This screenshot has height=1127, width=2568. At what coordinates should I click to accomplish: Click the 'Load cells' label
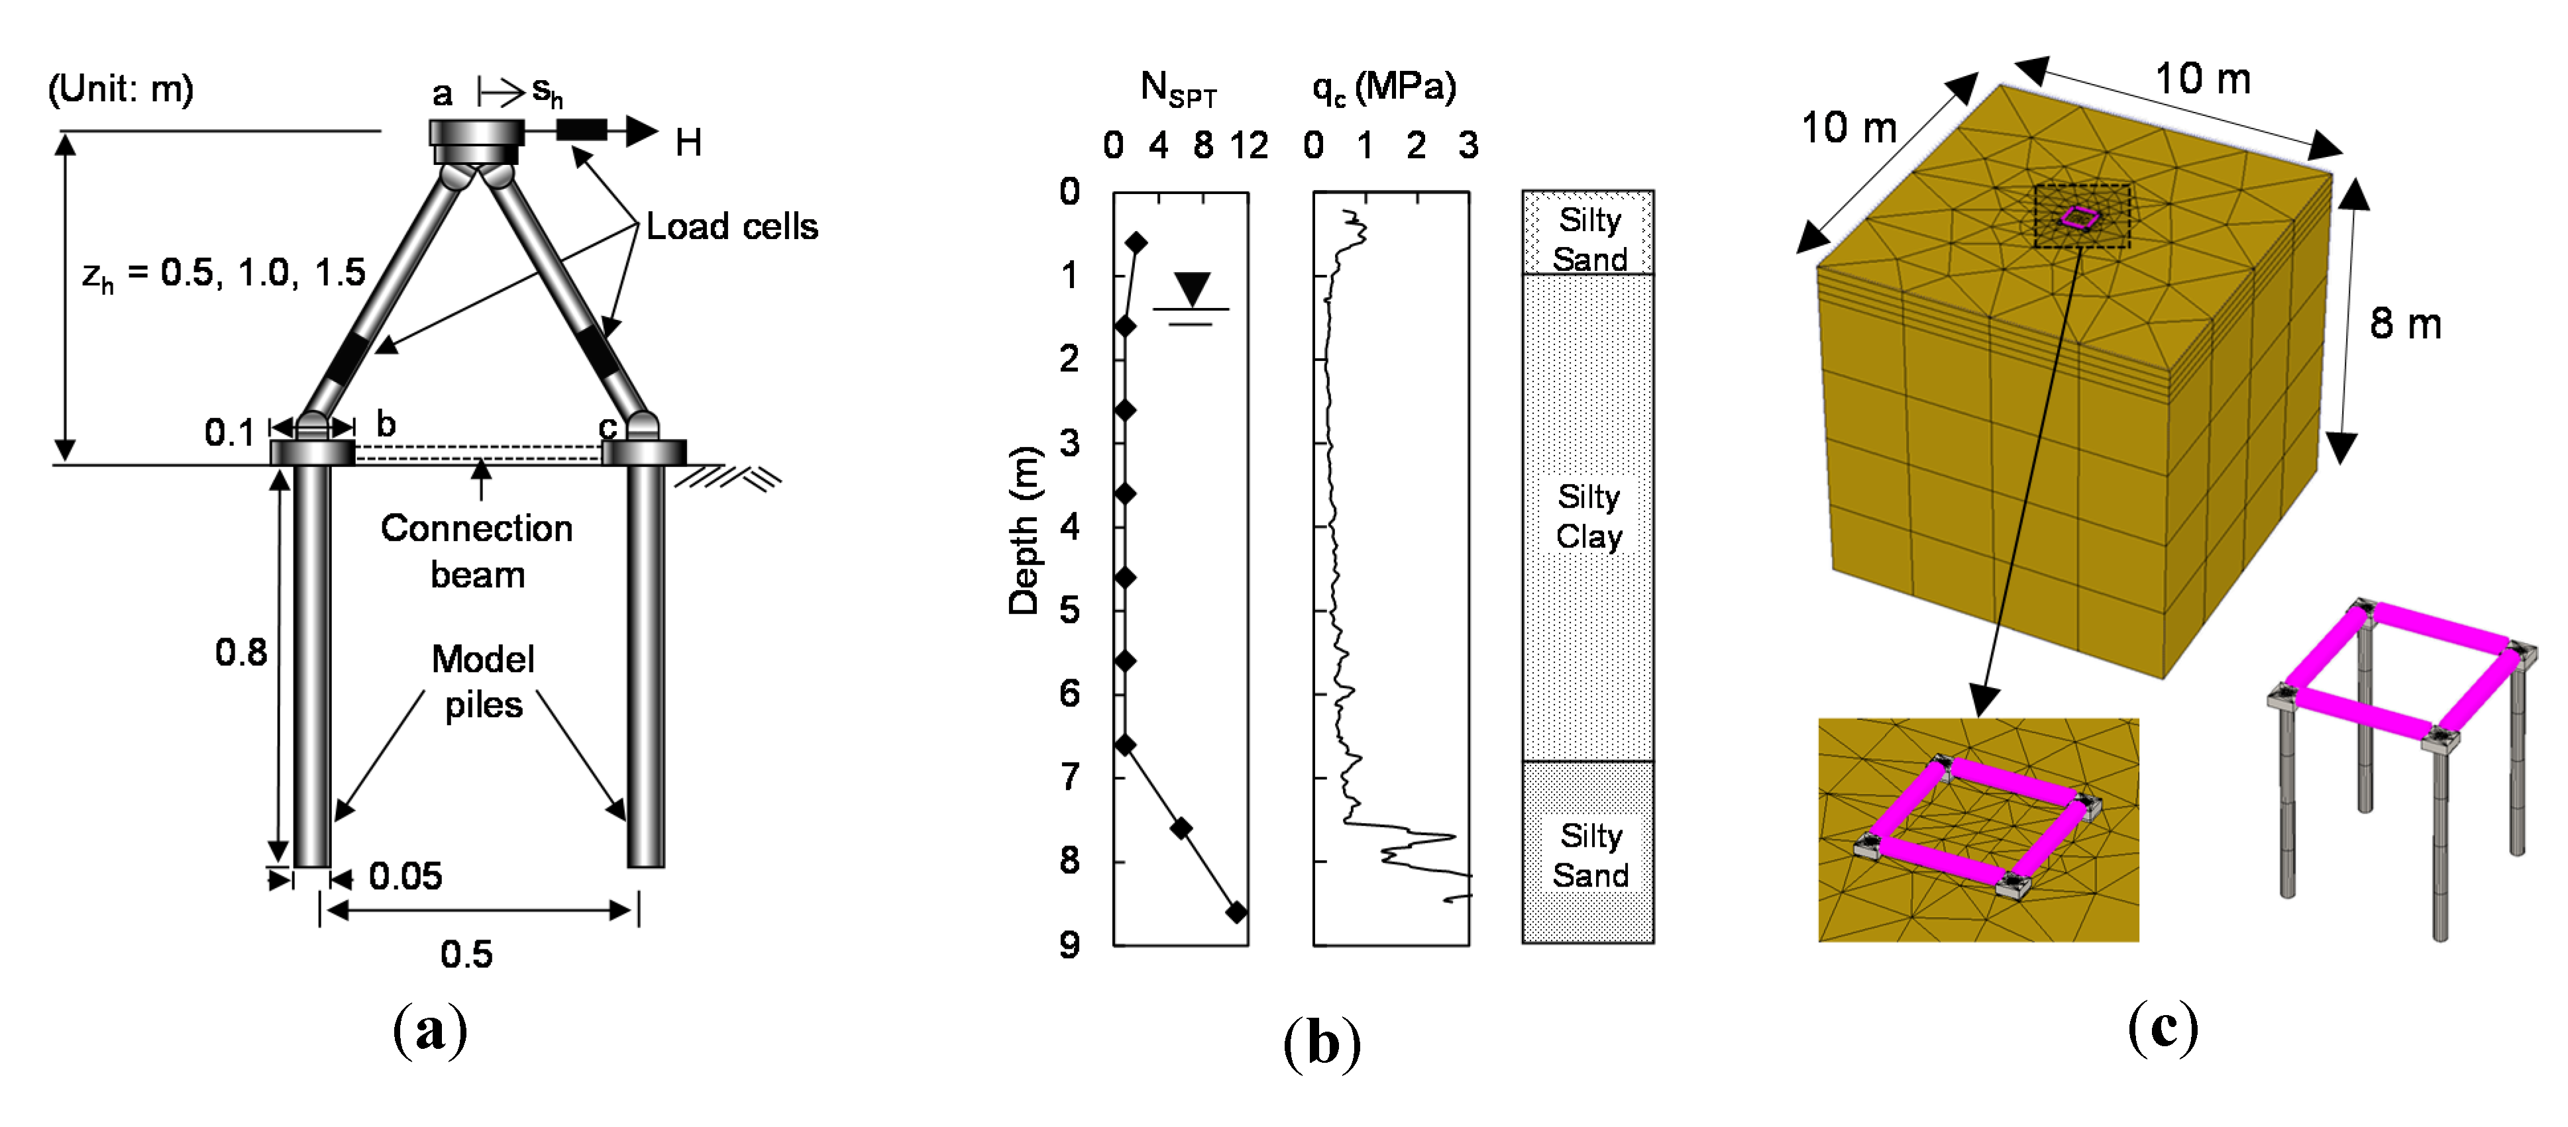pos(731,227)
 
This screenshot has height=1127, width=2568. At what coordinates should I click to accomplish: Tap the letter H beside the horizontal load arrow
pos(688,144)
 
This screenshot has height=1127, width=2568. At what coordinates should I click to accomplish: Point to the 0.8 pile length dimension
pos(241,653)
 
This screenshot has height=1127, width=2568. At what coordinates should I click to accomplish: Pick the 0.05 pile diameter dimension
pos(405,877)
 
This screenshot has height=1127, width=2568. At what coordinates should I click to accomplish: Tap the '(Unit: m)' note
pos(121,89)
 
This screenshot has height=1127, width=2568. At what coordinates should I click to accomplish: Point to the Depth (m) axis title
pos(1024,530)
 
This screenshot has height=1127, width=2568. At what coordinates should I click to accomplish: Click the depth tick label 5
pos(1069,610)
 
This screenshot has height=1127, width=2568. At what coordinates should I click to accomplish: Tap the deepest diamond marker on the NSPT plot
pos(1236,912)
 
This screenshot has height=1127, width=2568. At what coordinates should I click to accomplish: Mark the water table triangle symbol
pos(1191,288)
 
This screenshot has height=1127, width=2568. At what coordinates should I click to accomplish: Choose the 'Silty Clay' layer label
pos(1588,516)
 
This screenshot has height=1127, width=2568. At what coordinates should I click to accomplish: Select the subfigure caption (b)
pos(1322,1044)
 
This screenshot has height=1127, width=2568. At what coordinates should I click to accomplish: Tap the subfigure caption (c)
pos(2163,1028)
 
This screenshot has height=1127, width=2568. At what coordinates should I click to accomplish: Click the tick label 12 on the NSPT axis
pos(1248,146)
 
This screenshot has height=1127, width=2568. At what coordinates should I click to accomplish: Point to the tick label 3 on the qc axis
pos(1468,146)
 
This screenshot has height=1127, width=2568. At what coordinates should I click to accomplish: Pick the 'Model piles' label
pos(482,681)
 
